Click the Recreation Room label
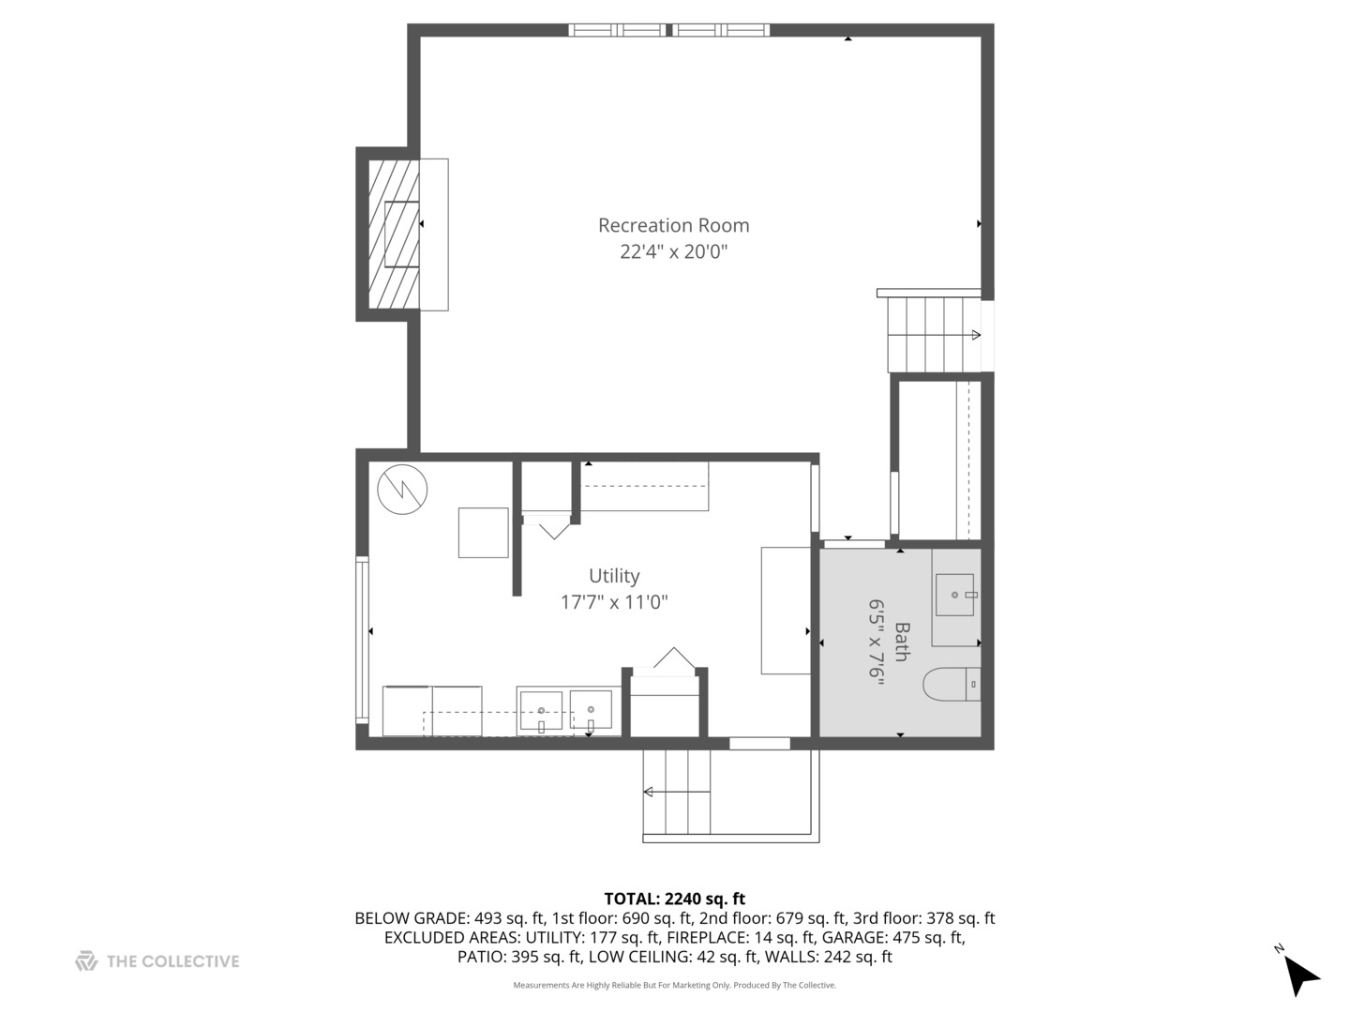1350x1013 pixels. [673, 225]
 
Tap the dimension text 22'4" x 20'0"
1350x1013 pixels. [673, 251]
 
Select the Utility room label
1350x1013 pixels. [614, 576]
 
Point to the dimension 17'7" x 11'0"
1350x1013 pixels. [614, 602]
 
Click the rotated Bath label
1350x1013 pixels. [901, 643]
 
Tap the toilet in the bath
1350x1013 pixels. [950, 685]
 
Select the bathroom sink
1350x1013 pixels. [954, 595]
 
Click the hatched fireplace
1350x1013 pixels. [393, 234]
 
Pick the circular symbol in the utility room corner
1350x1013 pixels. [402, 489]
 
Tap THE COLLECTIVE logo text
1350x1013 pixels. [172, 961]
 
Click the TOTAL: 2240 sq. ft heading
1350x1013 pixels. [674, 899]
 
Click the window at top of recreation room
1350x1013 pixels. [668, 30]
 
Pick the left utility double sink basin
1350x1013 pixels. [541, 710]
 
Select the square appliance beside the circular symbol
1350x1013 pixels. [483, 533]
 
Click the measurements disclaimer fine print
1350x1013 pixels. [674, 985]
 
